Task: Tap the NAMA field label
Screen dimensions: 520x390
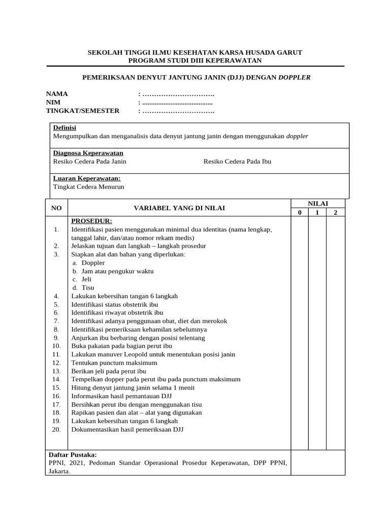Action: point(57,94)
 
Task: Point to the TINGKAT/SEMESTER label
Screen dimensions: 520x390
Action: point(83,111)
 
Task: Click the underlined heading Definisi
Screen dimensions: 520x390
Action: point(64,128)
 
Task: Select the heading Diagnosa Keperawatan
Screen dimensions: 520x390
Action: point(88,153)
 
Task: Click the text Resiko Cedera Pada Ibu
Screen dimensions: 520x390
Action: point(237,161)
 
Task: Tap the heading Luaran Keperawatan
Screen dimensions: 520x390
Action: point(87,179)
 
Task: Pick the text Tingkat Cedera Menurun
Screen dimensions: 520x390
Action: point(88,187)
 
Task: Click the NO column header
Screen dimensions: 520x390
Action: point(56,208)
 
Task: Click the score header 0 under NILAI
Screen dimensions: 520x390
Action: point(300,213)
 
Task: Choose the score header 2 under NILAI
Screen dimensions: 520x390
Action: point(335,213)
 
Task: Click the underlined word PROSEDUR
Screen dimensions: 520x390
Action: point(91,221)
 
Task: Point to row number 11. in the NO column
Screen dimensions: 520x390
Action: point(56,354)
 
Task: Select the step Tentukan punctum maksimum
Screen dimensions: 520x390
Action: point(114,363)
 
